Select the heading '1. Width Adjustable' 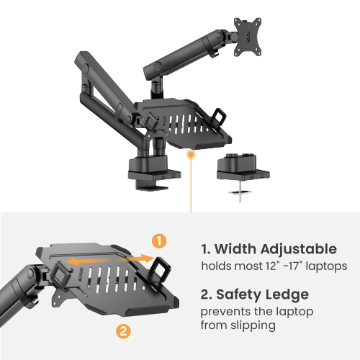pos(269,249)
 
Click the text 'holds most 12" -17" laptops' pos(274,266)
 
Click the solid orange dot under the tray pos(190,153)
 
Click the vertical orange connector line pos(190,184)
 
